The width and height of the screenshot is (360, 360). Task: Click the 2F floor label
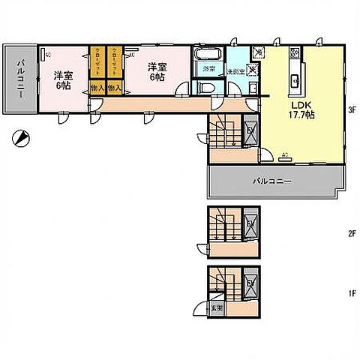[x=350, y=233]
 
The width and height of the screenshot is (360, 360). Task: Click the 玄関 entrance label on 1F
[x=215, y=307]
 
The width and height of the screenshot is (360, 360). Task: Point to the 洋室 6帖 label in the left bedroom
[x=63, y=79]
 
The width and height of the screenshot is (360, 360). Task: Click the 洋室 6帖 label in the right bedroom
[x=157, y=71]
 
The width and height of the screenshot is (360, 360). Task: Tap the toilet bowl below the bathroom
[x=207, y=86]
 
